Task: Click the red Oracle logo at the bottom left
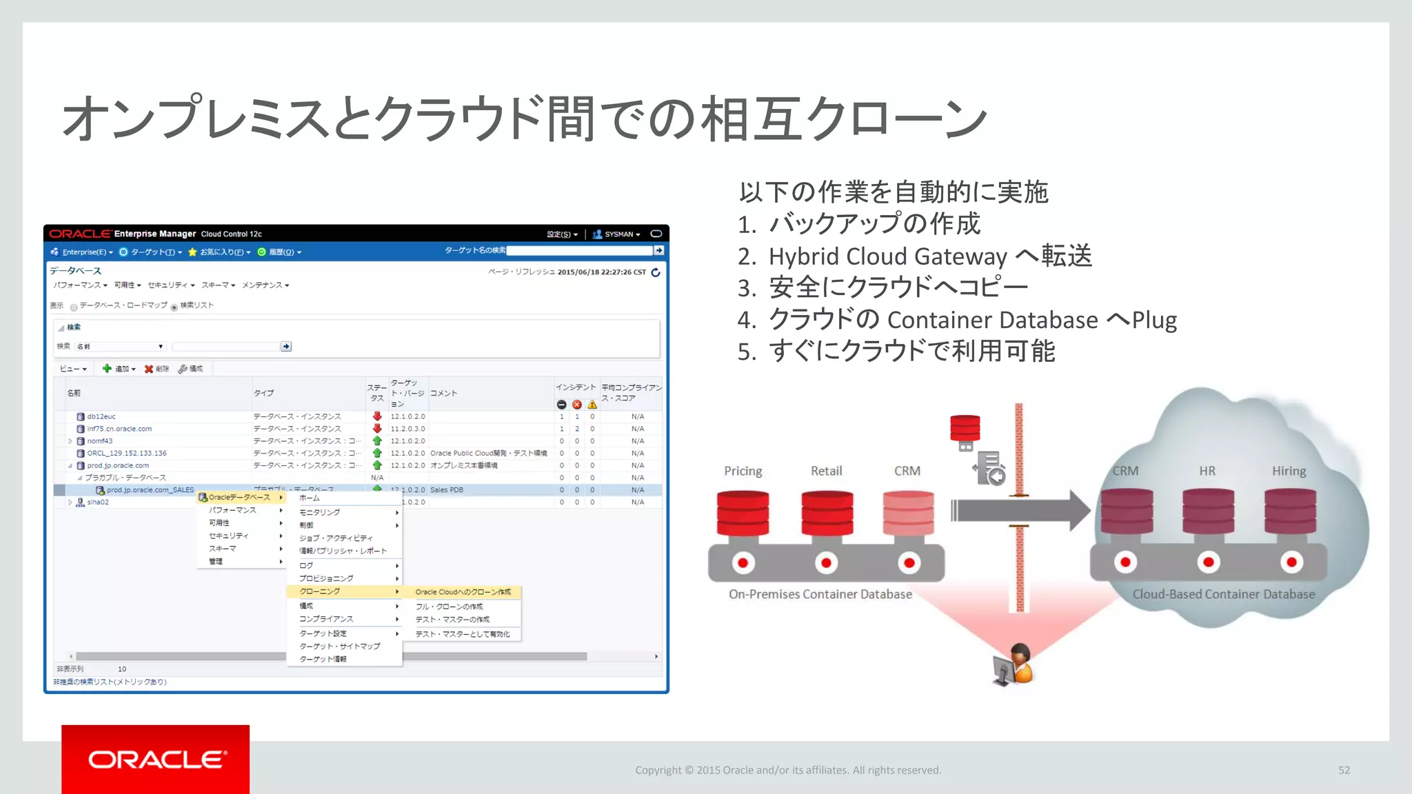(156, 759)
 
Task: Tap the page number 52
(1344, 770)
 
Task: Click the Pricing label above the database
(743, 471)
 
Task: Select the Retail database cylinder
(827, 513)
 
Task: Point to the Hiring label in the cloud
(1289, 471)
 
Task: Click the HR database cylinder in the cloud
(1208, 511)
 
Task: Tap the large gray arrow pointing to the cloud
(1020, 511)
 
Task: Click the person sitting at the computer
(1014, 664)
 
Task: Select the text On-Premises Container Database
(820, 594)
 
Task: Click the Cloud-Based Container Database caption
(1223, 594)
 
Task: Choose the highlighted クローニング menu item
(320, 591)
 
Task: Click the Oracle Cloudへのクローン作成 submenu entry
(463, 592)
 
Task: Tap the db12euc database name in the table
(101, 416)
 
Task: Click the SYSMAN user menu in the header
(618, 234)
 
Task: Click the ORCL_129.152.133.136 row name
(127, 453)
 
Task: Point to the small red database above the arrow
(965, 428)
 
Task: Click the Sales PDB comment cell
(447, 490)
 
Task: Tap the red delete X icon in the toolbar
(149, 369)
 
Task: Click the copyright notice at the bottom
(788, 770)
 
